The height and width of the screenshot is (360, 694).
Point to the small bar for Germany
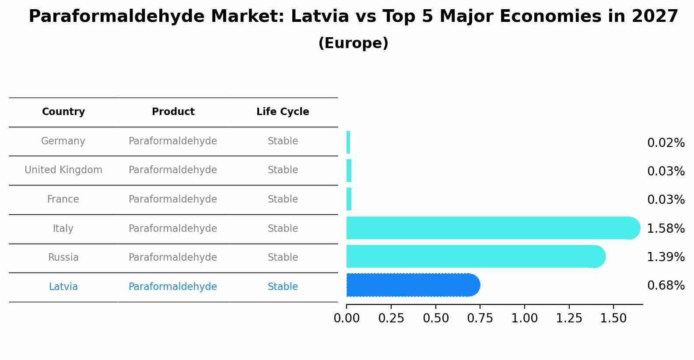point(348,142)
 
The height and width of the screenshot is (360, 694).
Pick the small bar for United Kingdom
point(349,171)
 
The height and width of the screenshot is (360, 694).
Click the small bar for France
point(349,199)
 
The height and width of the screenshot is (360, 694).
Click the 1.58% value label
point(666,228)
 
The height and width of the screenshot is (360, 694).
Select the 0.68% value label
point(666,286)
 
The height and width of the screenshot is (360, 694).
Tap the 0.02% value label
point(666,143)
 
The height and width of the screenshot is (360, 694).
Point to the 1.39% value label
point(666,257)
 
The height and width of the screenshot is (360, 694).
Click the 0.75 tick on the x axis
point(480,318)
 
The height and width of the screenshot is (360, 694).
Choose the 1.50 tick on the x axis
point(613,318)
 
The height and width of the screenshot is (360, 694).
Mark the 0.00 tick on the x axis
point(347,318)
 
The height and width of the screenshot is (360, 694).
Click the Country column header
point(63,112)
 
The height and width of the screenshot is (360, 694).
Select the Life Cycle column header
point(283,112)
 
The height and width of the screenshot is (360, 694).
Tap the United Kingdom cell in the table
point(63,170)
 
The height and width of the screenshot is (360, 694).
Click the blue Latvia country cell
point(63,287)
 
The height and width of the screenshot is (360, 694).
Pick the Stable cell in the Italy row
point(283,229)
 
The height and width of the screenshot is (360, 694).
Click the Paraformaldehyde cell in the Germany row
point(173,141)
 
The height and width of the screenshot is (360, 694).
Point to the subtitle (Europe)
point(353,43)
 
